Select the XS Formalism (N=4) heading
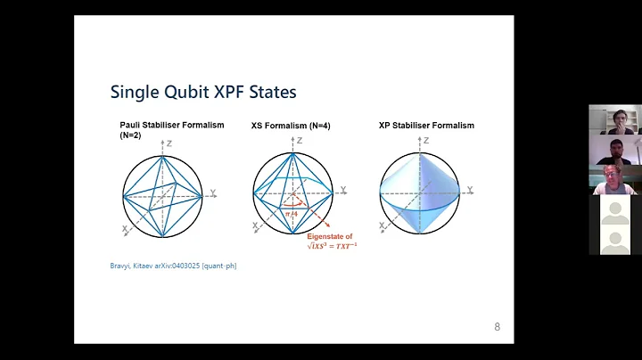(291, 127)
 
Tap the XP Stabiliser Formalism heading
(426, 126)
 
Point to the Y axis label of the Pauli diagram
(212, 192)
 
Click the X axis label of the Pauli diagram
(125, 229)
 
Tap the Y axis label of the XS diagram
(343, 190)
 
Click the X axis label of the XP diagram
(383, 228)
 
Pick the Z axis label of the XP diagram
(426, 141)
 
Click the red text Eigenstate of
(330, 236)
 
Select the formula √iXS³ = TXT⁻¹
(332, 247)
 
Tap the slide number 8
(497, 327)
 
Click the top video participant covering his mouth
(614, 119)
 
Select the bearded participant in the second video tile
(614, 149)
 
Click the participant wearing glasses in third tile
(614, 178)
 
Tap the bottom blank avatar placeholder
(614, 239)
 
